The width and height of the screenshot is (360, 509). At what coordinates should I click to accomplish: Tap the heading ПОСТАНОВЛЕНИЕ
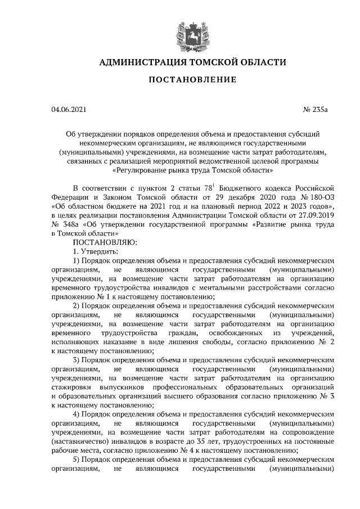192,80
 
